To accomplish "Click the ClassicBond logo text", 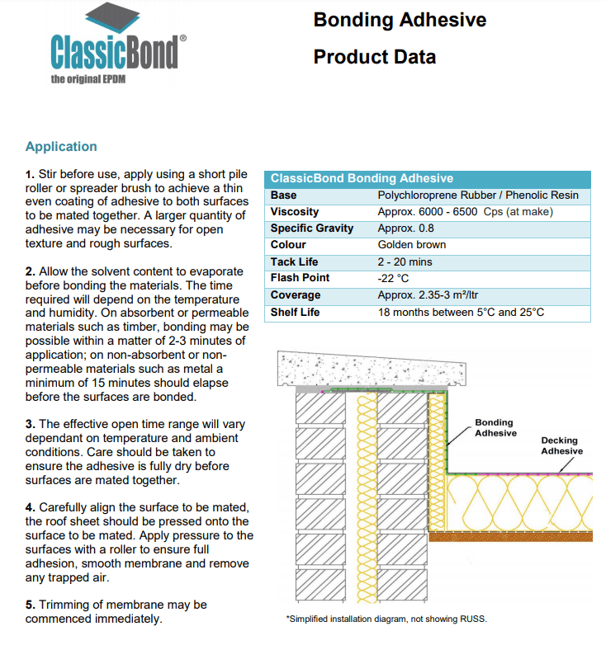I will tap(114, 51).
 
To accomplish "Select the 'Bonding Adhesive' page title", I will tap(400, 20).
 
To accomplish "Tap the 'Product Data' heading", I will tap(374, 57).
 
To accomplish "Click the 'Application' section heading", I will tap(61, 147).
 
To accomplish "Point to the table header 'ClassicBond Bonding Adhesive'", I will tap(362, 178).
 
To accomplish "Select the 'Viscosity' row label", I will tap(295, 212).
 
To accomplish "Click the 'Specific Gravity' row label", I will tap(311, 228).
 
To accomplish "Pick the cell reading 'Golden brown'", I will tap(411, 245).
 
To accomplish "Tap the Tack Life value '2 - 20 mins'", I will tap(405, 261).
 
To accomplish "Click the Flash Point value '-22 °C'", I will tap(393, 278).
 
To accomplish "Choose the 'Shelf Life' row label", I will tap(295, 313).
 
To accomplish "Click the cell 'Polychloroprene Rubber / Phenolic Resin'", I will tap(477, 195).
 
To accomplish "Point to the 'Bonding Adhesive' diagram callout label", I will tap(495, 428).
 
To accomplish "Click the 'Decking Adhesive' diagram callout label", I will tap(561, 445).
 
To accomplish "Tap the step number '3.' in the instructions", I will tap(31, 424).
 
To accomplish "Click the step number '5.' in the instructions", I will tap(31, 605).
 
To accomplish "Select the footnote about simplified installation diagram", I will tap(386, 619).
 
